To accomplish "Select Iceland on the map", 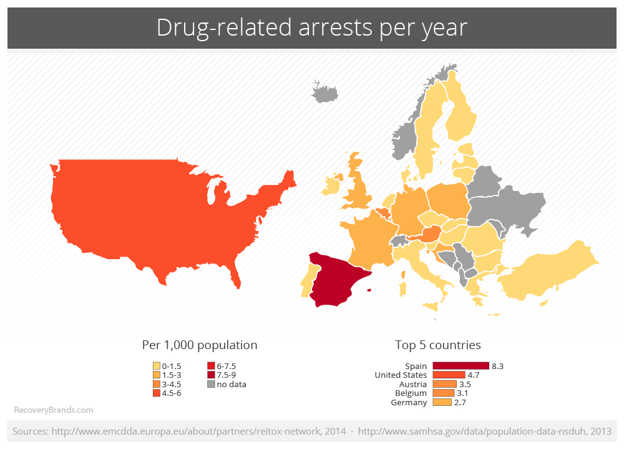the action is (324, 92).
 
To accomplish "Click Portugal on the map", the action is (307, 279).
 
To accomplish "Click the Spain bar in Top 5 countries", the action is (461, 366).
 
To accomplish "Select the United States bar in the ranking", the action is (449, 375).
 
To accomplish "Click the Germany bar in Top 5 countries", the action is (442, 402).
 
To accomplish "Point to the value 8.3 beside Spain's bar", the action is (498, 366).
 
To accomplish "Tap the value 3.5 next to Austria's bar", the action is (466, 385).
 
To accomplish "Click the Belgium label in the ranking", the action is (411, 393).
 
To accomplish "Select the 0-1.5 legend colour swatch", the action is (157, 366).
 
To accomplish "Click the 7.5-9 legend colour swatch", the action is (212, 375).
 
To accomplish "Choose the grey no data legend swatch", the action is (212, 384).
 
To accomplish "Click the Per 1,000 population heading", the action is (200, 345).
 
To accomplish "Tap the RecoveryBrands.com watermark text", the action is (54, 410).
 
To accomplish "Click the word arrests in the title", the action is (336, 27).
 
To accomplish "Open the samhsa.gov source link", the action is (485, 432).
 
